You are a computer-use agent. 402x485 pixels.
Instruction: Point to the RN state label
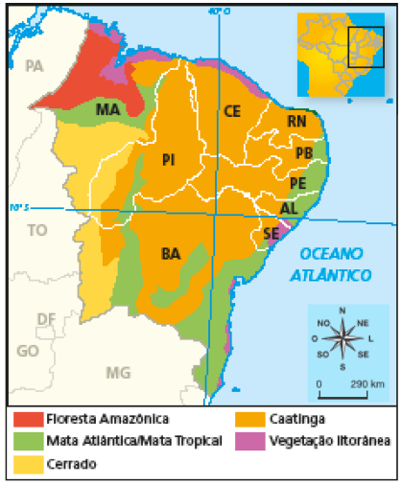296,122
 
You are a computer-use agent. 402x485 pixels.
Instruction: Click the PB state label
304,153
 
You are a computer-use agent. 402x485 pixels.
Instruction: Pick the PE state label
297,182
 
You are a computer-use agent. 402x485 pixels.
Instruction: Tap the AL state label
289,208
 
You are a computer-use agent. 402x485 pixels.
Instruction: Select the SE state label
271,233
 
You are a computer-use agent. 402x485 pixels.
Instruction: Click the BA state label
171,254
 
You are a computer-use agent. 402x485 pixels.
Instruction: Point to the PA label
35,66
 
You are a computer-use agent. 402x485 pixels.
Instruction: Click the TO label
37,230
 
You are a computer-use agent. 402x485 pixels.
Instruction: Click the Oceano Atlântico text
333,264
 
